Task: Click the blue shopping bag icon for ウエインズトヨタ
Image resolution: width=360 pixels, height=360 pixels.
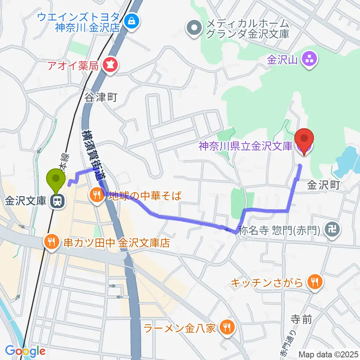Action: [x=132, y=22]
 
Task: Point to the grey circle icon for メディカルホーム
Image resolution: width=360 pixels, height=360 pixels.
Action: [x=194, y=29]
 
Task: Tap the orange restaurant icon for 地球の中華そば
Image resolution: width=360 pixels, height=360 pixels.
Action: [x=96, y=195]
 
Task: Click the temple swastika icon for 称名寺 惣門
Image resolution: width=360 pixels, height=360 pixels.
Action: [x=333, y=228]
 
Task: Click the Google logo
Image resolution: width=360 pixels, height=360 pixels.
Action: [x=25, y=351]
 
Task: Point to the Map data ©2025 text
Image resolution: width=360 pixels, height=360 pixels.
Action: [x=328, y=354]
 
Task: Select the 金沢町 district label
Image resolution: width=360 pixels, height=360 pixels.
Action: [x=323, y=185]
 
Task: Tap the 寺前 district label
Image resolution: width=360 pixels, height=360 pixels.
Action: [x=301, y=319]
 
